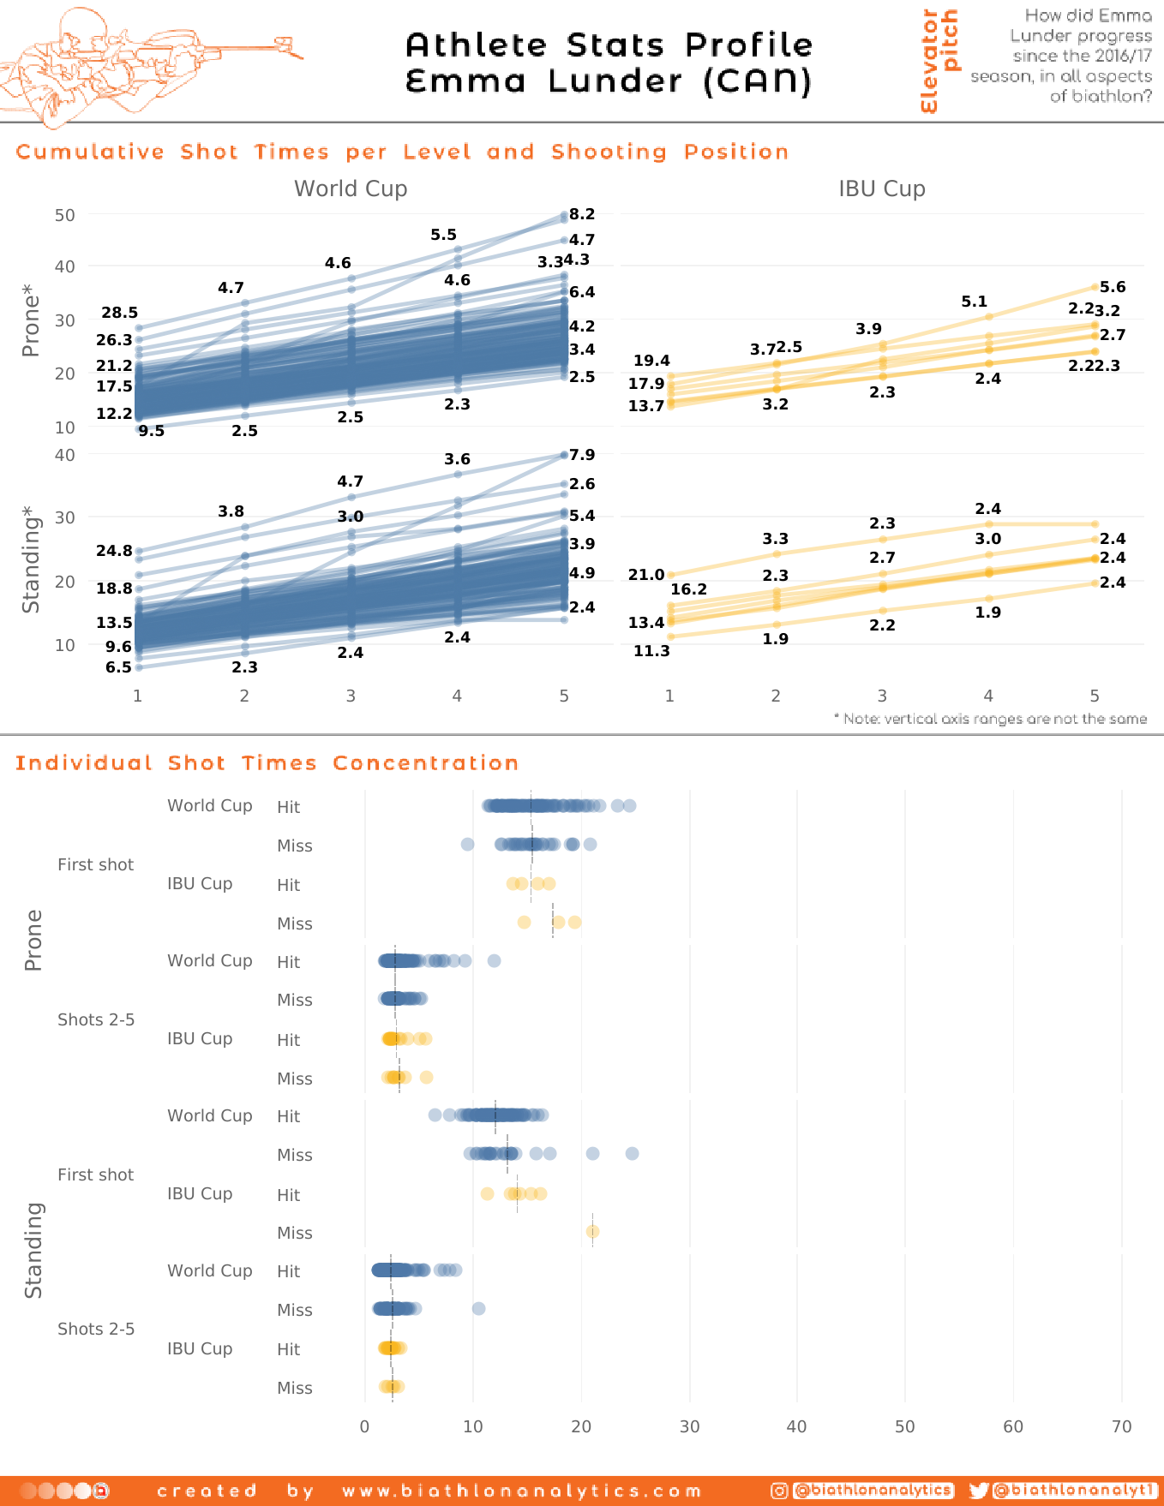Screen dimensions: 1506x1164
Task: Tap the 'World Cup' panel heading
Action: coord(351,189)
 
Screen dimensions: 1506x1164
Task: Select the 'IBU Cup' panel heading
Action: coord(881,189)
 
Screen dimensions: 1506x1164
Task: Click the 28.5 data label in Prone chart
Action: coord(119,313)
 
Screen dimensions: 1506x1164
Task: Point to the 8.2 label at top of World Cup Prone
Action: coord(582,214)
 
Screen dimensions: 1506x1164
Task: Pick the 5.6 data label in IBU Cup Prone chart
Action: coord(1113,287)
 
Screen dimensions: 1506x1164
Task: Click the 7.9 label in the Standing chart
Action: coord(582,455)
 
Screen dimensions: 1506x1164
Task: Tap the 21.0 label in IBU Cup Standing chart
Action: coord(646,575)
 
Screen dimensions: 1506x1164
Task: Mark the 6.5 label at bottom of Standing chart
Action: coord(118,667)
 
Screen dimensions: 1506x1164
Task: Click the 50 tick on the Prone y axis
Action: coord(65,215)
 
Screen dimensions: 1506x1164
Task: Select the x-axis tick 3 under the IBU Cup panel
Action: coord(882,696)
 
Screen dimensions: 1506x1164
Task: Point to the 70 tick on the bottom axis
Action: coord(1121,1427)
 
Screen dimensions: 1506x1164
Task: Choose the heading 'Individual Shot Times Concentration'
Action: coord(267,763)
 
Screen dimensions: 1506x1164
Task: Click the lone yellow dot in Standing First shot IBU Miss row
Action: coord(592,1232)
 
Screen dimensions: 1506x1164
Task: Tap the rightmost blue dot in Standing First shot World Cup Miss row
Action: coord(632,1154)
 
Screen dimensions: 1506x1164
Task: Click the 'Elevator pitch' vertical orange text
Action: coord(939,60)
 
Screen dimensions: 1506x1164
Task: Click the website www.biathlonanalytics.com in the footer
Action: coord(521,1491)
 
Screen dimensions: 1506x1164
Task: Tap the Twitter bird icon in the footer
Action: coord(978,1491)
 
